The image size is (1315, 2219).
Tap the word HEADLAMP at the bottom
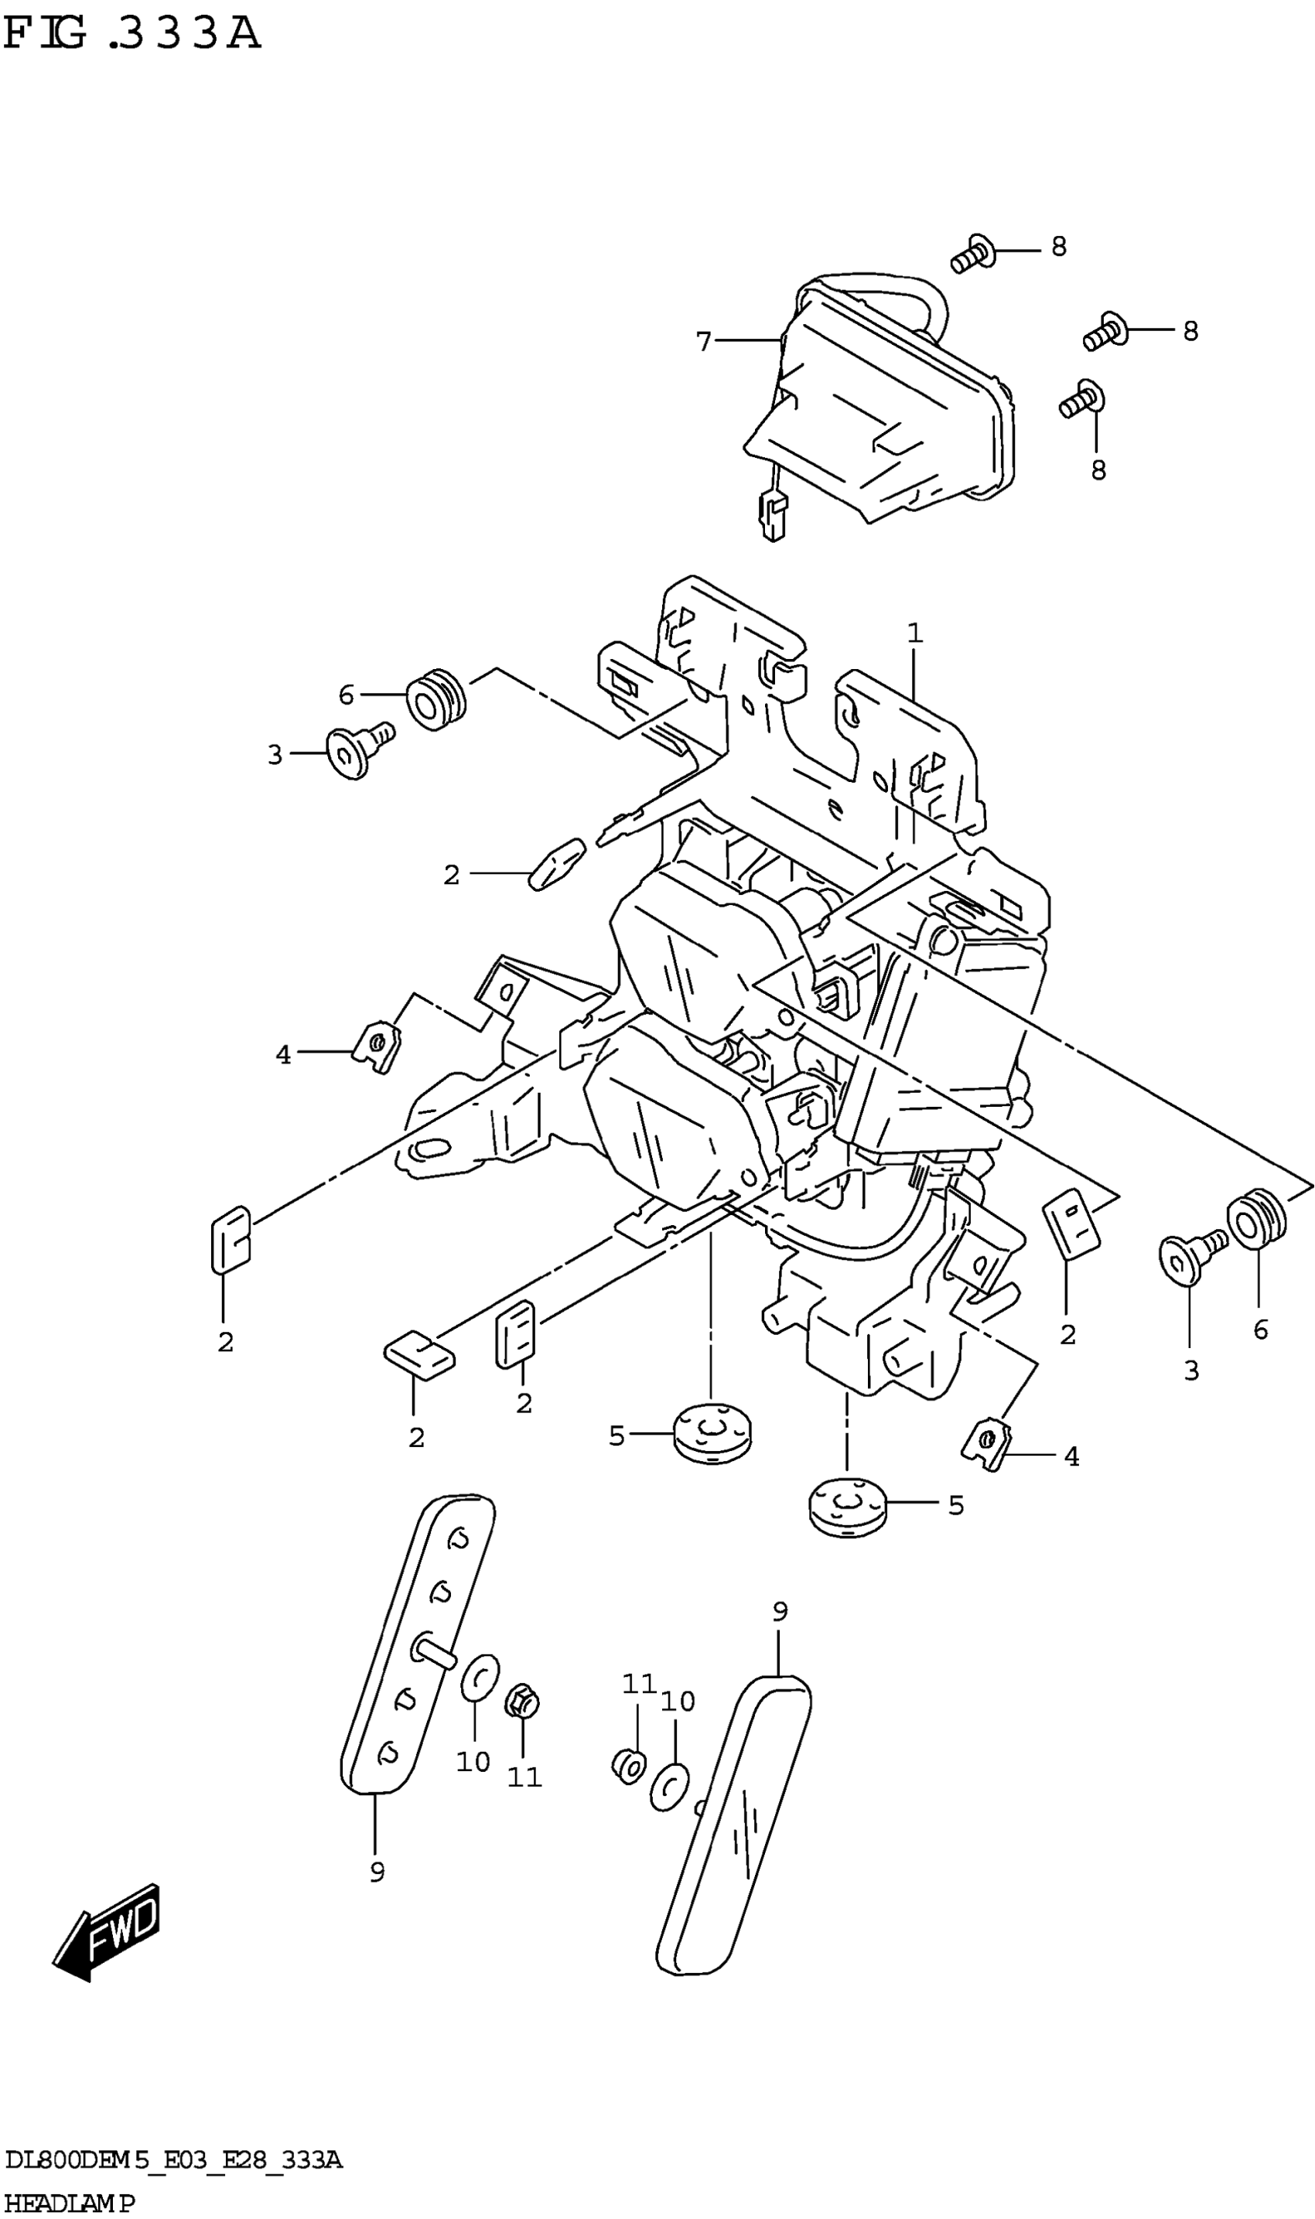pyautogui.click(x=69, y=2199)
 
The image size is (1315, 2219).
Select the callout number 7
pyautogui.click(x=704, y=341)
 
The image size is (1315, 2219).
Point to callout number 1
pyautogui.click(x=914, y=633)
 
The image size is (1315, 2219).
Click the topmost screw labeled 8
pyautogui.click(x=973, y=254)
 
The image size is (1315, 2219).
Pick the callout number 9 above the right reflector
pyautogui.click(x=780, y=1611)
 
